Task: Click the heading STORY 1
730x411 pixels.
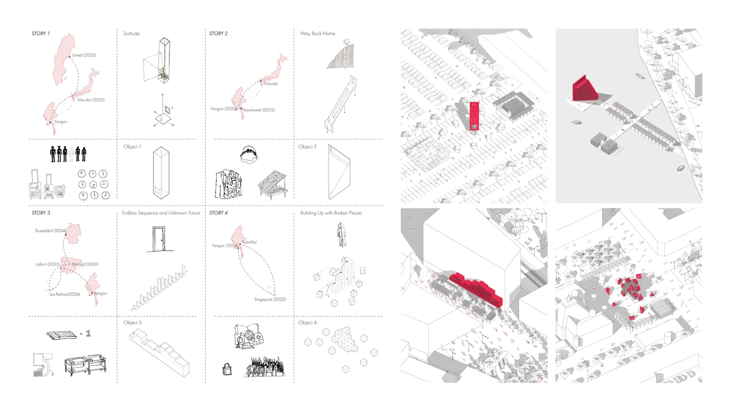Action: (x=40, y=34)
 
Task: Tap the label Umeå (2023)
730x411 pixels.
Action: (x=84, y=55)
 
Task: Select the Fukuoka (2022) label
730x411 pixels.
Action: (x=91, y=100)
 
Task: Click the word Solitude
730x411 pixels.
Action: (x=131, y=34)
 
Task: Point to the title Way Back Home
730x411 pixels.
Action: (x=318, y=34)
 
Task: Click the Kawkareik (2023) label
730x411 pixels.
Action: (x=258, y=110)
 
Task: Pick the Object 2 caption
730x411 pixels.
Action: (x=307, y=147)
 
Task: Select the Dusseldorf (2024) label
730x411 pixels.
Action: (x=51, y=231)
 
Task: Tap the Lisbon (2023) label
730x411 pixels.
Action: (x=47, y=264)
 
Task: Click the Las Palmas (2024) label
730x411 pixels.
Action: (x=64, y=295)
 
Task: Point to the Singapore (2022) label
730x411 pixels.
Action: (x=270, y=300)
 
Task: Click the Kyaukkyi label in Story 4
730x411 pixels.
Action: (x=249, y=242)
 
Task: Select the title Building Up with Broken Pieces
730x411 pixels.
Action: (x=331, y=213)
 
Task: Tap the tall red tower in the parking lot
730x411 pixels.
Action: (x=474, y=116)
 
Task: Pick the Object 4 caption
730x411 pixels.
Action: (x=307, y=323)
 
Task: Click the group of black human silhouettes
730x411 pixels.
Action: (x=68, y=154)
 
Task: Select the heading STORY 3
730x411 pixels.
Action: (x=40, y=213)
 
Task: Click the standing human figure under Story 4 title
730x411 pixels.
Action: (x=341, y=235)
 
